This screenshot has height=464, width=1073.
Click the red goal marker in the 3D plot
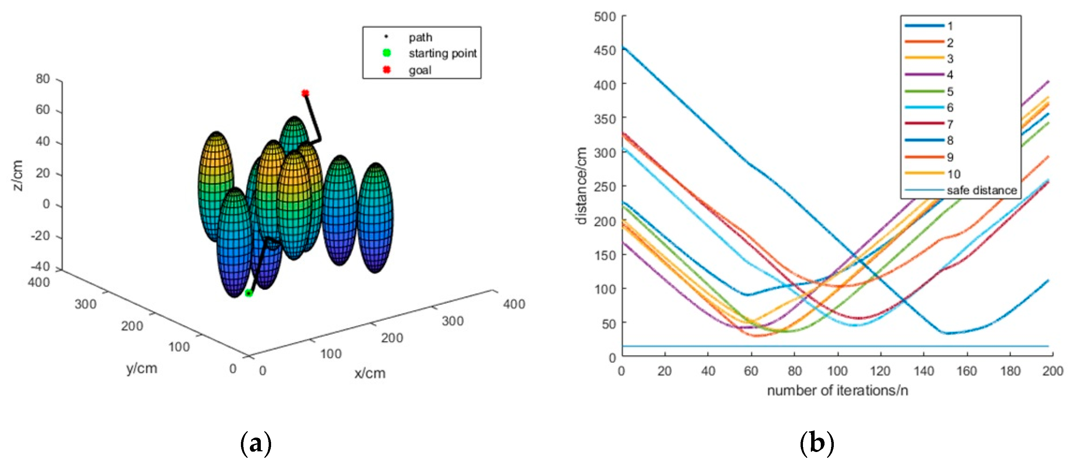305,93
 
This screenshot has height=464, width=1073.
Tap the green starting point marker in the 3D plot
249,293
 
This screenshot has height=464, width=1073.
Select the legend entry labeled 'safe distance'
981,191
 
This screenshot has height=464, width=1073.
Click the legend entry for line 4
950,75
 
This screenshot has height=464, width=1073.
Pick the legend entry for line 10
953,174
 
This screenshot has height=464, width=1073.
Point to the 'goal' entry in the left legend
419,70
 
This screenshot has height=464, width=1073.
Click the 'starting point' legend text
442,53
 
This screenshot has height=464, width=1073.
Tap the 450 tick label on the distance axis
605,50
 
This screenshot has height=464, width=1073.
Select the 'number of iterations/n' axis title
837,391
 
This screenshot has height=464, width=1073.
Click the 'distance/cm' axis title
582,186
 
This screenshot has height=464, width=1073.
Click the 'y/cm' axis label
142,368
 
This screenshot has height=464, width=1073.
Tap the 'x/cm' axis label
370,373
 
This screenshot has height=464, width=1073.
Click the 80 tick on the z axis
42,79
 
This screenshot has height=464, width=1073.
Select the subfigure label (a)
256,443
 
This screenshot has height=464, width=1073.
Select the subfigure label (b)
817,443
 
